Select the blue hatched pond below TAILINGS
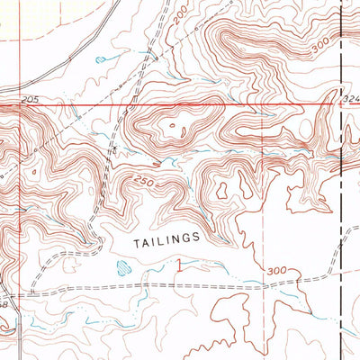[122, 265]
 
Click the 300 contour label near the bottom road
[274, 270]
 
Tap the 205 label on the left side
[31, 97]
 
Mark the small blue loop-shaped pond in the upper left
[106, 58]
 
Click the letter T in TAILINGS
[136, 241]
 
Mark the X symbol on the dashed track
[115, 144]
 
